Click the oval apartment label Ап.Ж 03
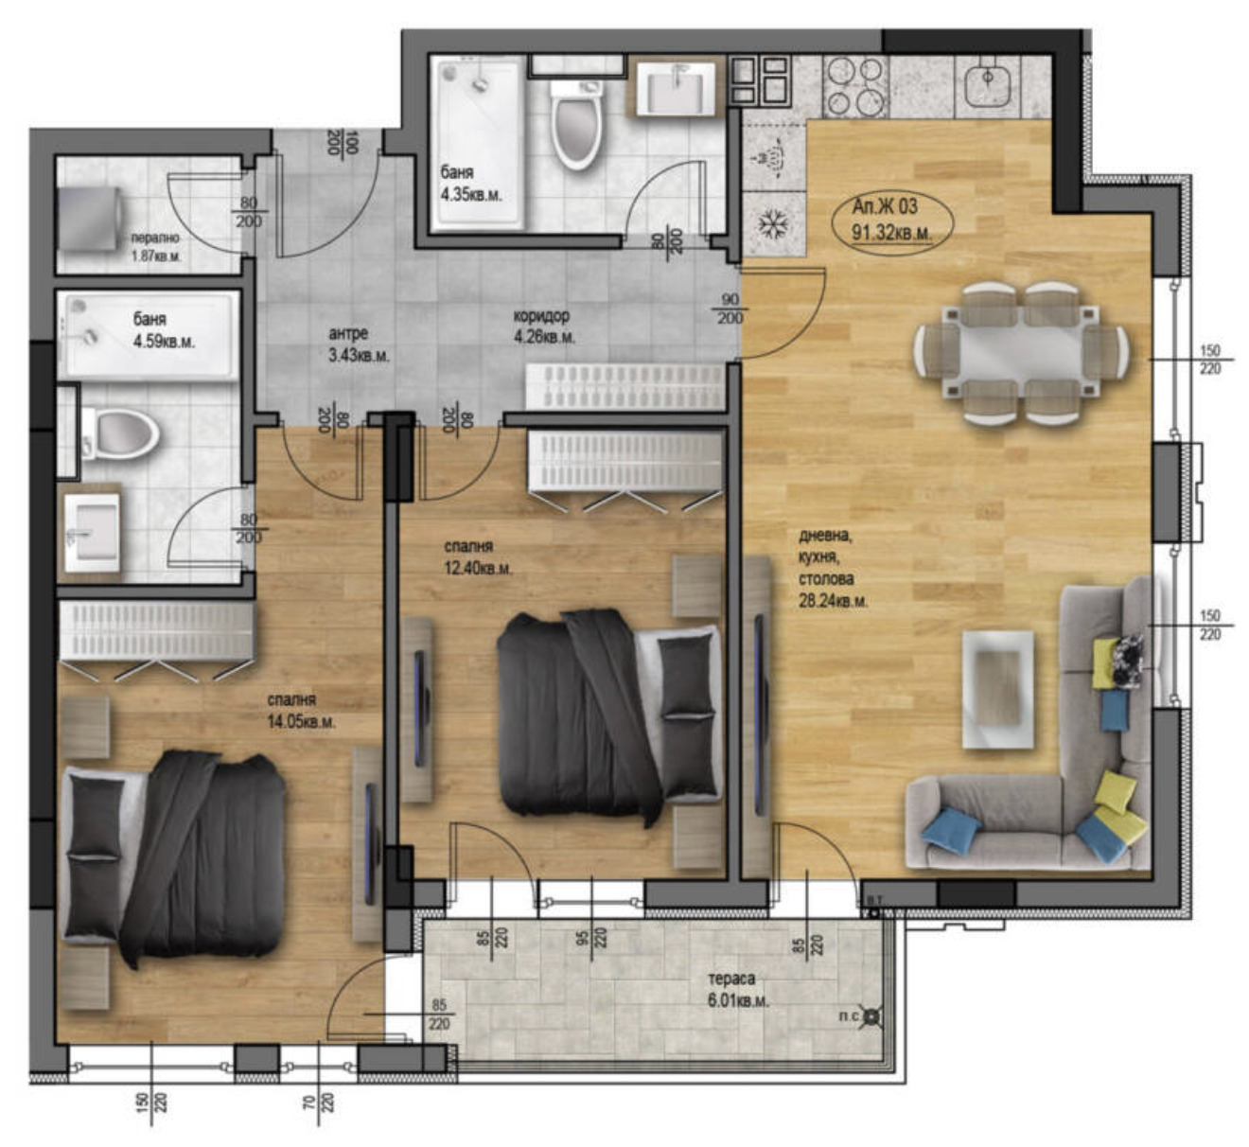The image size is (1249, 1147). (x=890, y=220)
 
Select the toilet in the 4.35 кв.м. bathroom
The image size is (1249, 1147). (x=576, y=123)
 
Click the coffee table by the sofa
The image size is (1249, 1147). (x=997, y=688)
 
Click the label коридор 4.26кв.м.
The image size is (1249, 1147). (x=543, y=326)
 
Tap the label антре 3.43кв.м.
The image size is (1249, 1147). (x=359, y=344)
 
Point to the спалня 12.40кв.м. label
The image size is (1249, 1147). (x=478, y=558)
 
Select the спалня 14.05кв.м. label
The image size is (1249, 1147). (x=301, y=710)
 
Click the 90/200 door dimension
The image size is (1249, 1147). (x=730, y=309)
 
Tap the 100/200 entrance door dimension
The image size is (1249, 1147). (x=342, y=143)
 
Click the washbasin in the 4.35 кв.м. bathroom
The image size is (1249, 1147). (x=676, y=89)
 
